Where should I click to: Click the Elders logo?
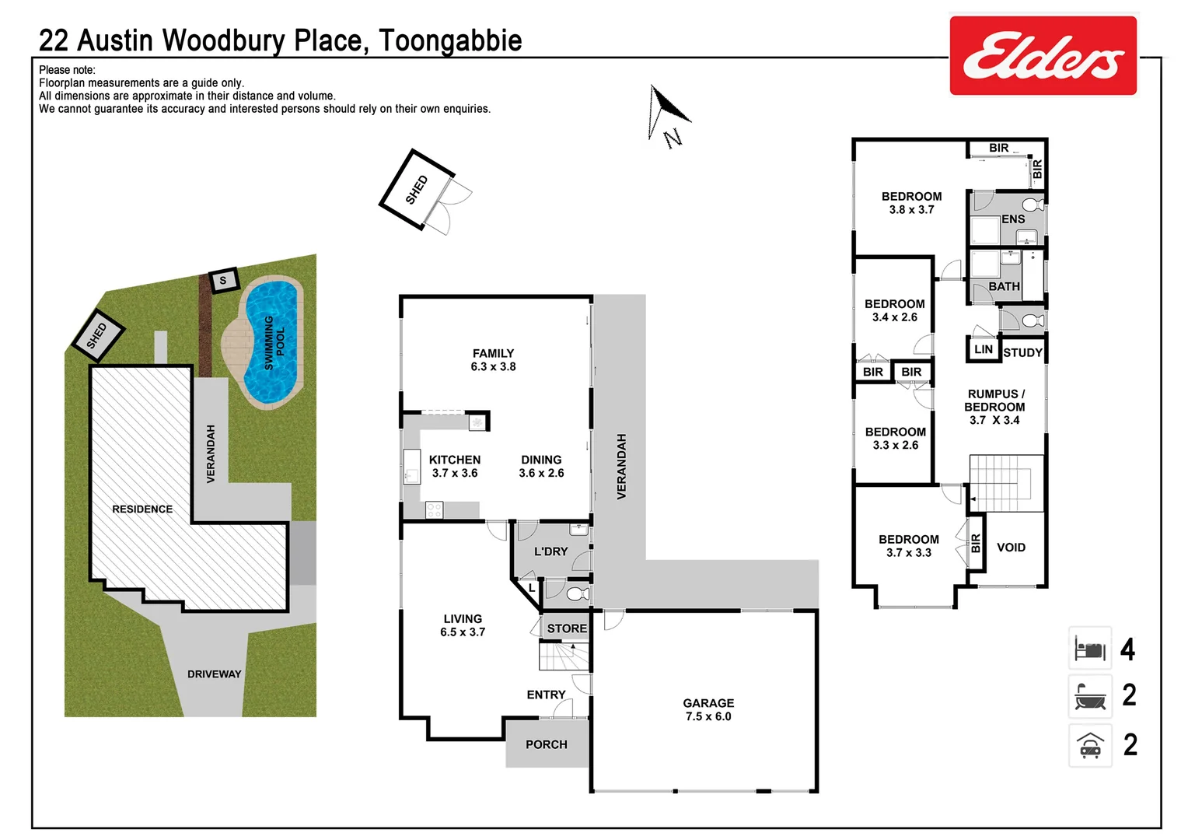(1043, 56)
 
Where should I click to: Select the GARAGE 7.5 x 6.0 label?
(708, 709)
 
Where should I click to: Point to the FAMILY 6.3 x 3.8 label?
(493, 359)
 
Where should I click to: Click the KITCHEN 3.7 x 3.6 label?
(455, 466)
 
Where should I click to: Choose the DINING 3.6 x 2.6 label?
(541, 466)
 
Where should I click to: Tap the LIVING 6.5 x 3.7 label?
(463, 625)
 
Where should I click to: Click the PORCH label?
(546, 744)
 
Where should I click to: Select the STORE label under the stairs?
(567, 628)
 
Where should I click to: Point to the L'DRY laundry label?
(550, 551)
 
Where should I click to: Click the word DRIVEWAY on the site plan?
(214, 674)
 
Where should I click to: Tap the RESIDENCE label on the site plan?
(142, 509)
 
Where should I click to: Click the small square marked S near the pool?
(224, 280)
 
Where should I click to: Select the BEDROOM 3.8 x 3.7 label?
(911, 203)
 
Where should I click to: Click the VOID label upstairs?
(1011, 548)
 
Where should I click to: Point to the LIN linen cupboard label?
(983, 349)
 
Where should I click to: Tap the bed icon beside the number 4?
(1089, 649)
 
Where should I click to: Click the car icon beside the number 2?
(1089, 745)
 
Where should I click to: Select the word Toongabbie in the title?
(450, 40)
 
